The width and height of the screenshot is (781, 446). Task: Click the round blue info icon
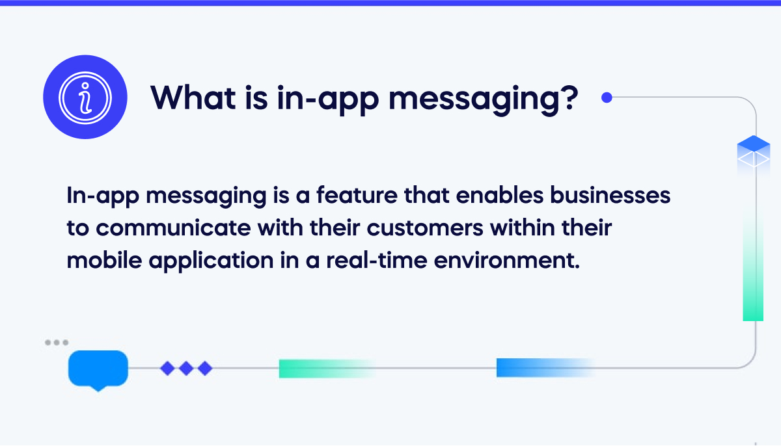point(85,98)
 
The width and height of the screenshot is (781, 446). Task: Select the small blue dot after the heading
point(607,98)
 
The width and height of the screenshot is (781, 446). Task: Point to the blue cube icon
point(753,151)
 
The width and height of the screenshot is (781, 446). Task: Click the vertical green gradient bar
point(753,267)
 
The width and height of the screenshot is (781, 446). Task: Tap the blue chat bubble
point(98,369)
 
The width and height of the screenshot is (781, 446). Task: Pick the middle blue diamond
point(186,369)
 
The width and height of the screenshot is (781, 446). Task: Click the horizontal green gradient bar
point(325,368)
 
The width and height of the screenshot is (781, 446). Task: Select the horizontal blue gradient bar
point(543,368)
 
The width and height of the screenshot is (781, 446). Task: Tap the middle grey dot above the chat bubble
point(57,342)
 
